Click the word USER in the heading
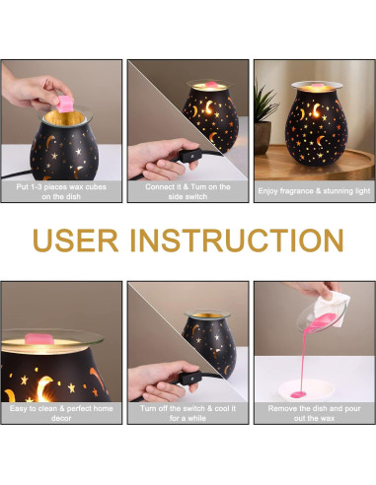tap(76, 241)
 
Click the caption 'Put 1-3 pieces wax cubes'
tap(61, 187)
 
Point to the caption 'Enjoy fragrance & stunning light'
tap(314, 191)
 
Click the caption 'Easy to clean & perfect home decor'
tap(61, 413)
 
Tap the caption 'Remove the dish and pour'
tap(314, 408)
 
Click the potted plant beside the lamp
tap(264, 118)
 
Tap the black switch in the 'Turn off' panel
tap(191, 378)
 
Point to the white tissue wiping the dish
tap(331, 309)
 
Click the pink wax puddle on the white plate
tap(298, 393)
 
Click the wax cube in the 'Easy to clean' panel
tap(39, 338)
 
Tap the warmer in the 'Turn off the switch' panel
tap(209, 343)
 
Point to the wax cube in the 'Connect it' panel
tap(211, 86)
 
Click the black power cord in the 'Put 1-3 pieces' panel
tap(17, 174)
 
